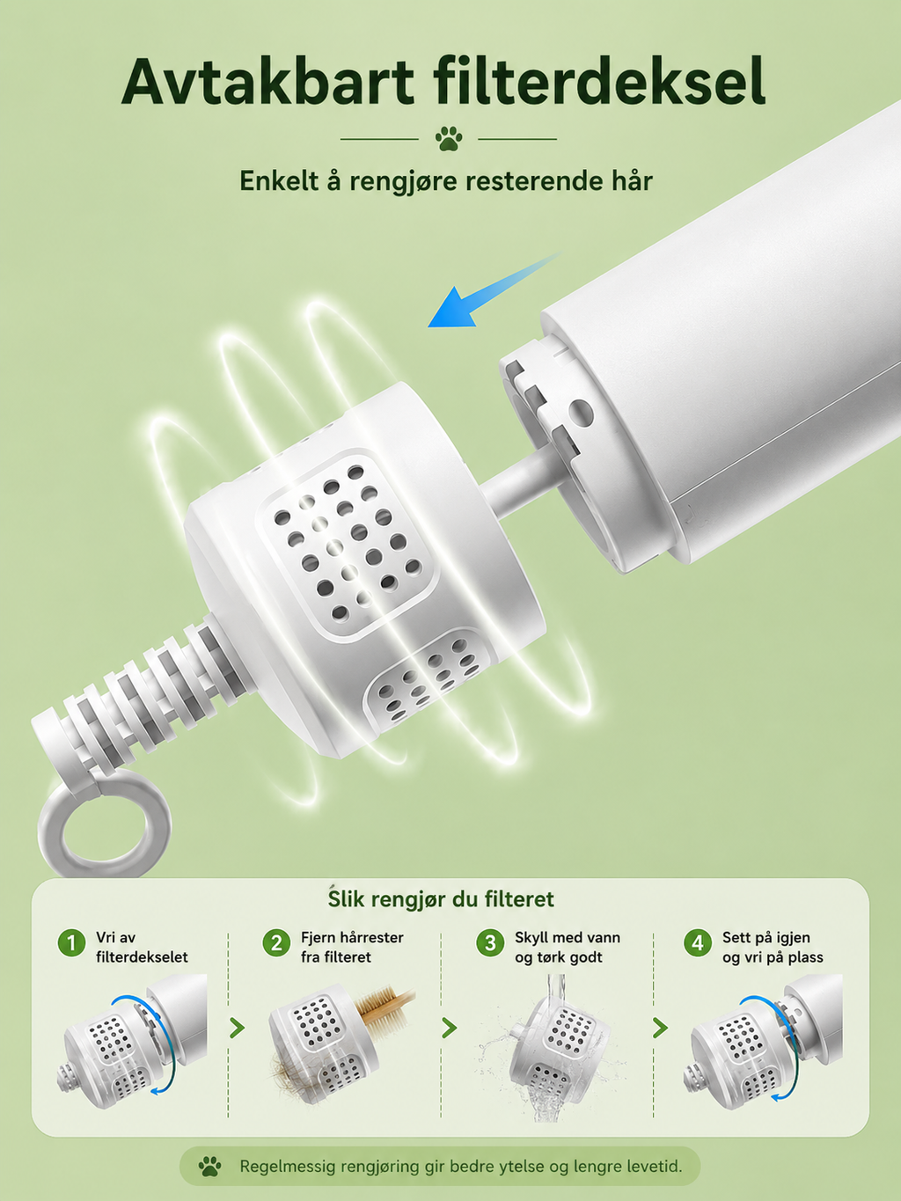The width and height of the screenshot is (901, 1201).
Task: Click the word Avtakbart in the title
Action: (267, 81)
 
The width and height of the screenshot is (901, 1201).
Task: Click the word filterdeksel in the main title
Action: (599, 80)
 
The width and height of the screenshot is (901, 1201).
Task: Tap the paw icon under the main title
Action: (449, 138)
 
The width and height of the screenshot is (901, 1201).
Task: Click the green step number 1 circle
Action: (71, 943)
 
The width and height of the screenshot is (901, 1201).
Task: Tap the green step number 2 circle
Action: (276, 943)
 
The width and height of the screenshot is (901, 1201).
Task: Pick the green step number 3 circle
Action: (490, 943)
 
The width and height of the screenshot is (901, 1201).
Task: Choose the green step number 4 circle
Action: (698, 943)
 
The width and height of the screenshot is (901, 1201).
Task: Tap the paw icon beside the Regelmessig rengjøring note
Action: (210, 1167)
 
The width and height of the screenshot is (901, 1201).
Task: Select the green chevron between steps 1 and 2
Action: (237, 1028)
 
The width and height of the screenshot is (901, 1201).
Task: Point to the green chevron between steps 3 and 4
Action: (660, 1028)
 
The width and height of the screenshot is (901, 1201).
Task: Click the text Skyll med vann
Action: (568, 938)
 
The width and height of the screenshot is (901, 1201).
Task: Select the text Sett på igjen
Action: (765, 938)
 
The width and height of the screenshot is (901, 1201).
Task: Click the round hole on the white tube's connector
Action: (581, 413)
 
